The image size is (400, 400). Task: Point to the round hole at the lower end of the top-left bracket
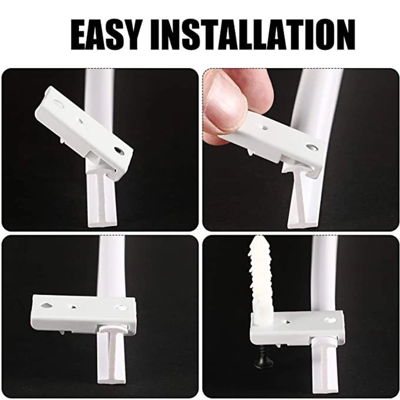pyautogui.click(x=119, y=150)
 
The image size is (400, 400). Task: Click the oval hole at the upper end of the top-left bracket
pyautogui.click(x=58, y=103)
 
